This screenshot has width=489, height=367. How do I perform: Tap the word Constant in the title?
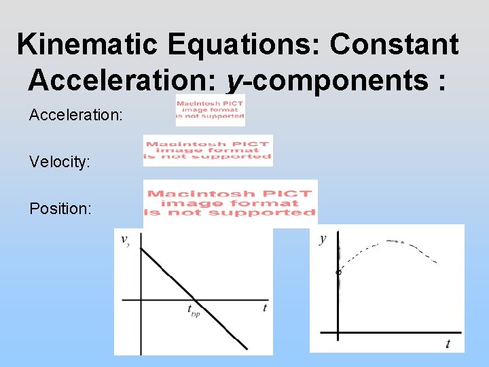(x=394, y=45)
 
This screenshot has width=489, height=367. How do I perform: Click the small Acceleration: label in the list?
(x=76, y=116)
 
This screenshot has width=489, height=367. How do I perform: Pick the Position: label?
(x=60, y=209)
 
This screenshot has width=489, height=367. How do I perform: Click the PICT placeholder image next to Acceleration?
(x=210, y=110)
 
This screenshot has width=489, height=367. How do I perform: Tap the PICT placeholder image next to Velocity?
(x=208, y=150)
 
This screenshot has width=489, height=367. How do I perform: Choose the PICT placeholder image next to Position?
(x=231, y=203)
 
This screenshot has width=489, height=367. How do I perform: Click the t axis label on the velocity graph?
(x=264, y=308)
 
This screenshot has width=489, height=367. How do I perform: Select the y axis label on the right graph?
(x=323, y=239)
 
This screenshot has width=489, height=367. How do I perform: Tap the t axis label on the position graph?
(x=448, y=344)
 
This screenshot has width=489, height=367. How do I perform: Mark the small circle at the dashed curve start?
(x=338, y=273)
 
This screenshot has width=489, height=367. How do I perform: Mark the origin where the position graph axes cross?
(x=338, y=333)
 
